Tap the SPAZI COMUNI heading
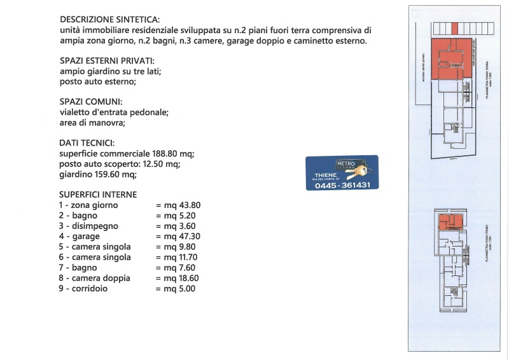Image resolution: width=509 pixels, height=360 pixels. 91,102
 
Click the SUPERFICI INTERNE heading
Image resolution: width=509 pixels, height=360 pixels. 97,194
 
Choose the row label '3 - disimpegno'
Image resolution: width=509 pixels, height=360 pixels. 88,226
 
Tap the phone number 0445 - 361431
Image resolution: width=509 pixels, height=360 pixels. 342,185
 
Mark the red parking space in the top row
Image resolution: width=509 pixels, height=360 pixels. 454,28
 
